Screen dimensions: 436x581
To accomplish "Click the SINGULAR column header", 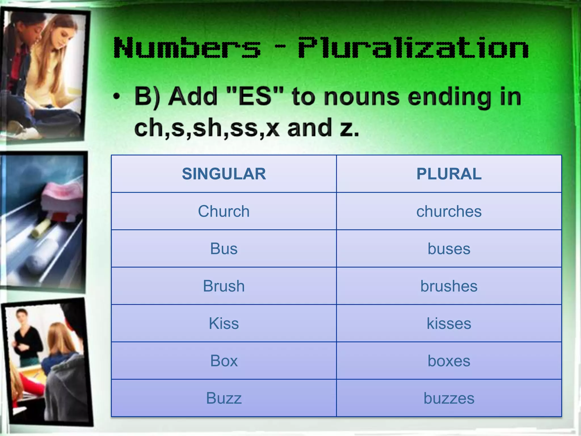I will [x=224, y=174].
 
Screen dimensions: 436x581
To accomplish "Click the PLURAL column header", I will [x=449, y=174].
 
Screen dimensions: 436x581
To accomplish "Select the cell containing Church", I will [x=224, y=211].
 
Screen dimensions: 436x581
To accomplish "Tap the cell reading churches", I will [x=449, y=211].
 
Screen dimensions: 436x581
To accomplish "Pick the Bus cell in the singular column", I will [x=224, y=249].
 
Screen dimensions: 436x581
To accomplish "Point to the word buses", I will [x=449, y=249].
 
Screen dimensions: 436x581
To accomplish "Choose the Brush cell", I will [x=224, y=286].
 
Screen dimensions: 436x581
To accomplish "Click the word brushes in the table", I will [x=449, y=286].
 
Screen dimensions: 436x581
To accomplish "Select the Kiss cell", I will [x=224, y=323].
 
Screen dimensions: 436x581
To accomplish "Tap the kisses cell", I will [x=449, y=323].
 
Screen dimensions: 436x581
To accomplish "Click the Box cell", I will [x=224, y=361].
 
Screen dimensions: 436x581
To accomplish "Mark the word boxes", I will [x=449, y=361].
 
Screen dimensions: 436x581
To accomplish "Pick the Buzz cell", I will [x=224, y=398].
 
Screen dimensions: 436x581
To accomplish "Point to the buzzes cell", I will [x=449, y=398].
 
